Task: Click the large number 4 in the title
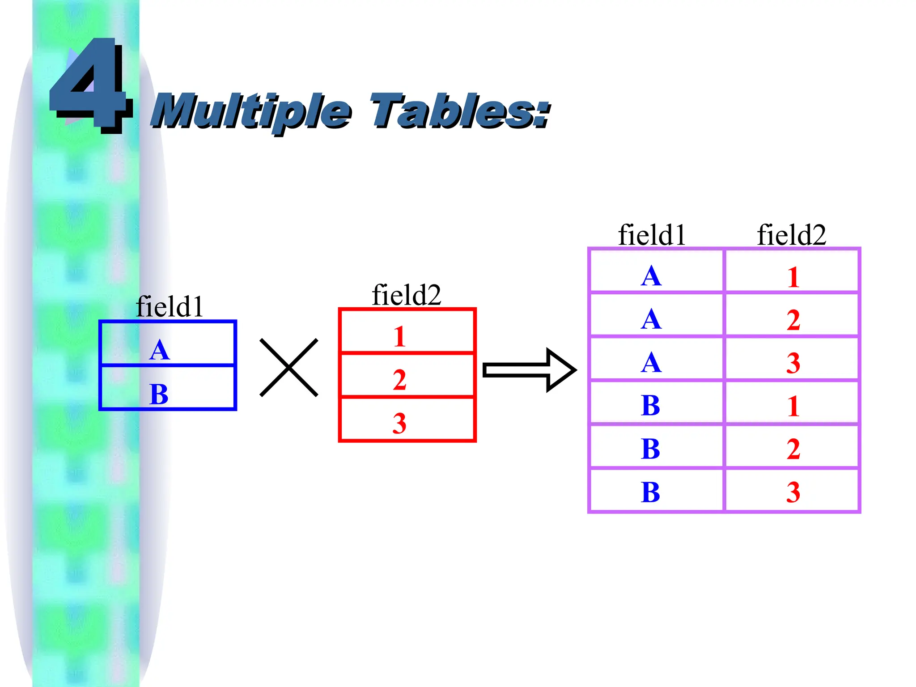click(x=92, y=85)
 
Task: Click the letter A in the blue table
click(x=160, y=350)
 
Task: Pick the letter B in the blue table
click(x=159, y=394)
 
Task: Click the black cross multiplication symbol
click(x=289, y=368)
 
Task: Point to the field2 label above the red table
click(x=406, y=295)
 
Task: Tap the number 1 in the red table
click(x=400, y=337)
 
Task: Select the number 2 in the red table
click(x=400, y=380)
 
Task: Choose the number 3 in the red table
click(x=399, y=423)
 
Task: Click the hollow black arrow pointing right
click(x=530, y=370)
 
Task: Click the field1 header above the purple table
click(x=652, y=235)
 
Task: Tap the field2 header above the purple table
click(x=791, y=235)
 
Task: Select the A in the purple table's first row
click(x=651, y=276)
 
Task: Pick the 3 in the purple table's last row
click(x=793, y=492)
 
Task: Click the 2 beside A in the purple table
click(x=793, y=320)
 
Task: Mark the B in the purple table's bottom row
click(x=650, y=492)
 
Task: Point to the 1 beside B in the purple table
click(x=793, y=406)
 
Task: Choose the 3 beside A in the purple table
click(x=793, y=363)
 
